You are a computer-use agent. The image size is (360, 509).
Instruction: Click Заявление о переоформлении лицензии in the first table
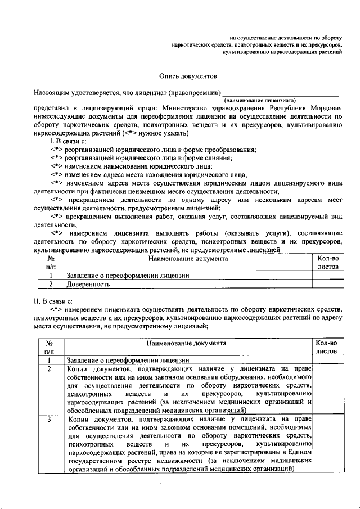pyautogui.click(x=128, y=276)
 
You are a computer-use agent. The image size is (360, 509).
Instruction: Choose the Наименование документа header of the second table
pyautogui.click(x=187, y=343)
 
